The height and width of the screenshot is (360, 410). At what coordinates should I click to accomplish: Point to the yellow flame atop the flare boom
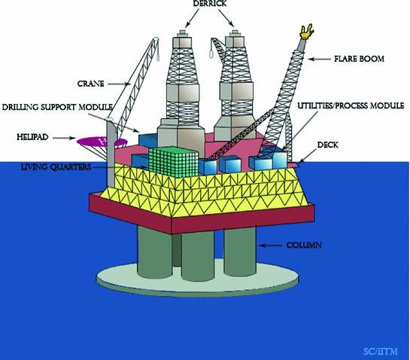pyautogui.click(x=305, y=31)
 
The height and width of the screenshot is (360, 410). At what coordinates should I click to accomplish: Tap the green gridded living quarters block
pyautogui.click(x=173, y=161)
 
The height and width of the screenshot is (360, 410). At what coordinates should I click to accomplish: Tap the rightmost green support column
pyautogui.click(x=239, y=256)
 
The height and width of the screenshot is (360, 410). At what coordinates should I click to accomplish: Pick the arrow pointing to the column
pyautogui.click(x=271, y=246)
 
